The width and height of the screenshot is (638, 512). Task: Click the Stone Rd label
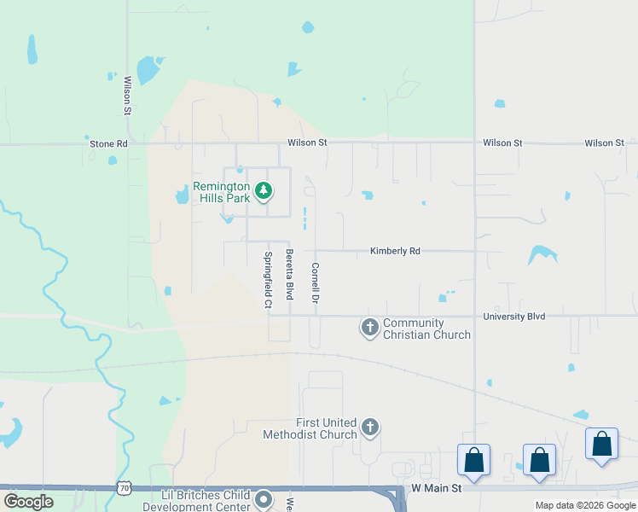pos(108,144)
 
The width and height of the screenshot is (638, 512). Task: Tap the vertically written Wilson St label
pos(127,96)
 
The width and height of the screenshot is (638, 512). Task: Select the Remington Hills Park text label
pos(221,192)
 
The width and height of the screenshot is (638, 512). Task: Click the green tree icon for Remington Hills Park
pos(264,190)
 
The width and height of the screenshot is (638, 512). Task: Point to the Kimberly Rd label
pos(395,252)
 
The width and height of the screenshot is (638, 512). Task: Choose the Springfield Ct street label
pos(268,280)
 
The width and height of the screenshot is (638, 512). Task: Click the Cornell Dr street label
pos(315,283)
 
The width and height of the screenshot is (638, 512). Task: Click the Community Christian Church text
pos(426,329)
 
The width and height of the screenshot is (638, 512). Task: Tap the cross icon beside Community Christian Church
pos(370,327)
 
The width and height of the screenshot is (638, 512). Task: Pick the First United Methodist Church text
pos(326,428)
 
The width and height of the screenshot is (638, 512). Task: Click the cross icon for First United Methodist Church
pos(370,427)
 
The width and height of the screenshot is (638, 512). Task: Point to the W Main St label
pos(436,488)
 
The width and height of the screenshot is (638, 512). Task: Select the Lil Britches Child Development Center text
pos(206,501)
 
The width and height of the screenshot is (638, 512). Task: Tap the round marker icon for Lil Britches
pos(264,500)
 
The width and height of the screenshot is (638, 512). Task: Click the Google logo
pos(28,502)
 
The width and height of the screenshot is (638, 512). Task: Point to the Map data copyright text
pos(585,505)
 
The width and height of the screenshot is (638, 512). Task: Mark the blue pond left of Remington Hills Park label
pos(183,195)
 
